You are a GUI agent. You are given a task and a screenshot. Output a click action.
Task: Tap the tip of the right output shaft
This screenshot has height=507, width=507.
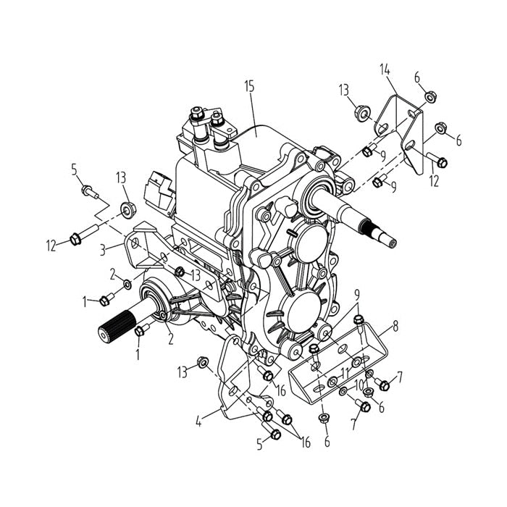point(391,240)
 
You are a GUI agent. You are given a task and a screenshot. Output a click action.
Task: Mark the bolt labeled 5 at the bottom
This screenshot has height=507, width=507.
point(274,434)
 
